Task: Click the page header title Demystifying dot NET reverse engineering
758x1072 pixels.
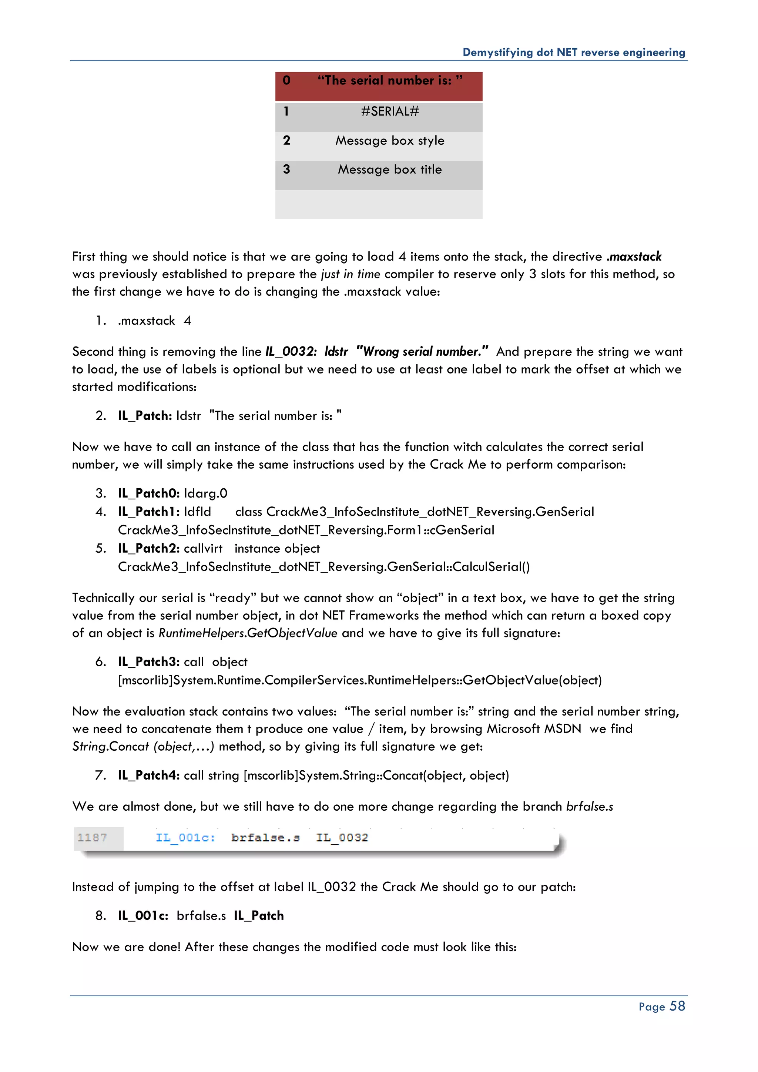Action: [x=574, y=52]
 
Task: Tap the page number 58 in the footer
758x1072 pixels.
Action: [x=677, y=1006]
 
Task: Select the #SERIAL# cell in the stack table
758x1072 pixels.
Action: [x=390, y=111]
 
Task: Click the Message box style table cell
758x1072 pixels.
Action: [x=390, y=141]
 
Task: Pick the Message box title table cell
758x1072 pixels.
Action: [x=390, y=170]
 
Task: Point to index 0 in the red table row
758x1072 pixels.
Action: [x=286, y=80]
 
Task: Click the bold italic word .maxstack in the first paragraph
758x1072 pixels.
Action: [x=634, y=256]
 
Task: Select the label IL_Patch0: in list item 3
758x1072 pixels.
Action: [x=148, y=493]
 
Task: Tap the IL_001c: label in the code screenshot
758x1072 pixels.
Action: [x=185, y=838]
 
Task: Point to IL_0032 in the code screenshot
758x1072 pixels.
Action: [x=342, y=838]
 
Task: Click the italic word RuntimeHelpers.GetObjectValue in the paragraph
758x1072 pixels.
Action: [x=248, y=633]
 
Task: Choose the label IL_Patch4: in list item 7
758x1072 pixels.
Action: [x=148, y=775]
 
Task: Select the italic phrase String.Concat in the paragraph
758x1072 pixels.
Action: [x=111, y=746]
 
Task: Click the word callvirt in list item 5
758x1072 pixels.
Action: [x=203, y=548]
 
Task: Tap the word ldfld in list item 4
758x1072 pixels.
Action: [x=197, y=512]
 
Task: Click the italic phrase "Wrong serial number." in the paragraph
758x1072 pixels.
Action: [x=422, y=352]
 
